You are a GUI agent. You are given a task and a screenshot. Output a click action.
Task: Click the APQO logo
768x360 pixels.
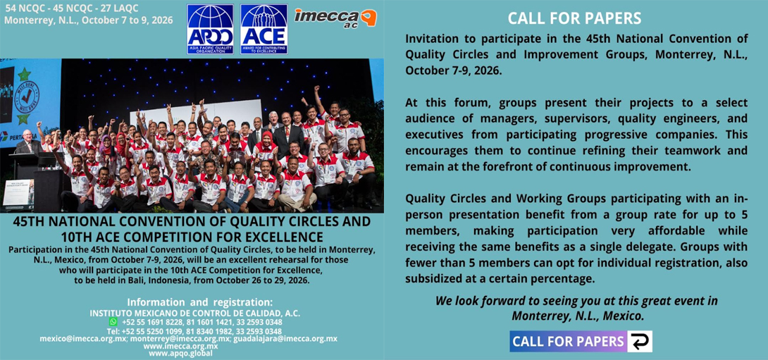[x=209, y=29]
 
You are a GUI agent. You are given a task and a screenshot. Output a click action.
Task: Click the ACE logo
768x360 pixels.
[x=264, y=29]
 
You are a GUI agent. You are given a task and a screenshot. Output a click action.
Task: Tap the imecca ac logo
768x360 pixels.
[x=335, y=19]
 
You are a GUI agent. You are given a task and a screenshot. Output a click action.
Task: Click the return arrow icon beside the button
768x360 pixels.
[x=640, y=342]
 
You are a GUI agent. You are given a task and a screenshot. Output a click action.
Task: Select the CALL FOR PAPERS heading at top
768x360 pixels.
[x=574, y=18]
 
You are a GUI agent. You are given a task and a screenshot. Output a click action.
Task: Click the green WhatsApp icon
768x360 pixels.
[x=113, y=321]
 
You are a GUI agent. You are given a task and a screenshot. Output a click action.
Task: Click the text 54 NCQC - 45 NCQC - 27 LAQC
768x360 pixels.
[x=71, y=8]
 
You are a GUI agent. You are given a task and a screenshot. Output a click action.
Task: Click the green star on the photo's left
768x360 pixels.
[x=23, y=74]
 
